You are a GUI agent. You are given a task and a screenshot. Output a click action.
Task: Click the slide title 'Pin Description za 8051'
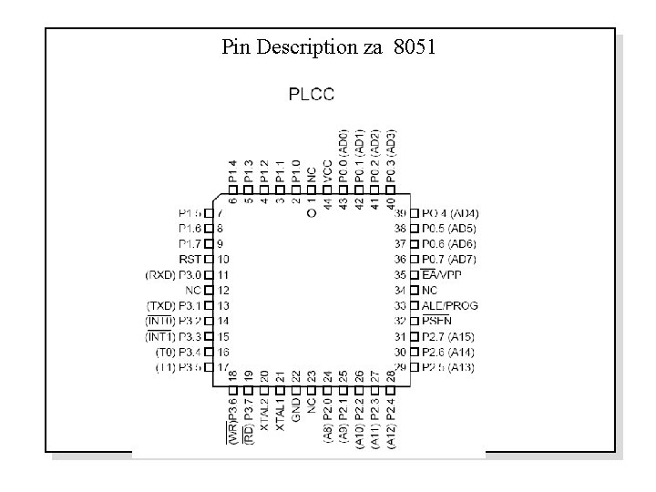point(328,46)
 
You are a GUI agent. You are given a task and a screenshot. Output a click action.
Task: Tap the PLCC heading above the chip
point(312,93)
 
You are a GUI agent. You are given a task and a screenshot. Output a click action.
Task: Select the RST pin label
point(190,259)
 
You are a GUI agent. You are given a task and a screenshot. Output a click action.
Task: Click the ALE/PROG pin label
point(449,305)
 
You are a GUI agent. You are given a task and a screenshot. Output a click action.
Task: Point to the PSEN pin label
point(437,321)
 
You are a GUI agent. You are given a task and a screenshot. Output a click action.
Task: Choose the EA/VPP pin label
point(441,274)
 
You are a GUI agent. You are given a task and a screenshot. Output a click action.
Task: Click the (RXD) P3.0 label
point(173,274)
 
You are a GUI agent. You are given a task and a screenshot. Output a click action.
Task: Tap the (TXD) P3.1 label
point(173,305)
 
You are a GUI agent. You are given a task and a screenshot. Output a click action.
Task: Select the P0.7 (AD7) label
point(449,259)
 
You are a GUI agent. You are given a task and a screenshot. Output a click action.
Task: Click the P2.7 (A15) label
point(448,336)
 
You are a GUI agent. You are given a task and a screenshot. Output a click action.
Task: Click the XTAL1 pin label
point(280,413)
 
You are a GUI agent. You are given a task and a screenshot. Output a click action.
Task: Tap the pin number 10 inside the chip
point(223,259)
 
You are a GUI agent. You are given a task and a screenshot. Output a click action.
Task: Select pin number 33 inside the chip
point(400,305)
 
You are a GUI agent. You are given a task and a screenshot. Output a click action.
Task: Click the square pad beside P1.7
point(209,243)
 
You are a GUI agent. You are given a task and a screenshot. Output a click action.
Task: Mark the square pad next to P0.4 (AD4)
point(415,212)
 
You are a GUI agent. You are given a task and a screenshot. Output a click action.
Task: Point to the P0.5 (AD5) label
point(449,228)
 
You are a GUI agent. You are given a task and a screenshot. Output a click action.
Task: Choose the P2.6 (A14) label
point(448,352)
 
